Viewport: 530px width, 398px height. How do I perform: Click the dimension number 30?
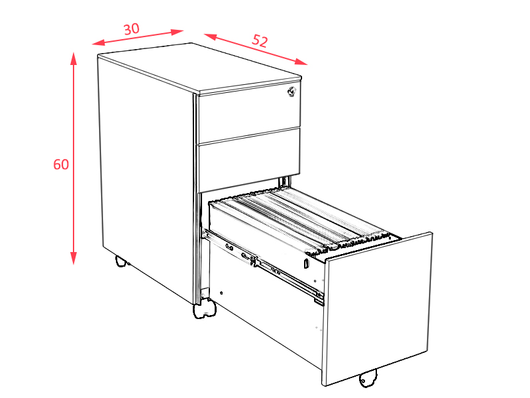(x=131, y=29)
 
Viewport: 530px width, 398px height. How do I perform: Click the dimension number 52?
(x=260, y=40)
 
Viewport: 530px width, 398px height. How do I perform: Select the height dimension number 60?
(x=61, y=164)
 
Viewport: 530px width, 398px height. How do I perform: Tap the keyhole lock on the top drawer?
(x=291, y=92)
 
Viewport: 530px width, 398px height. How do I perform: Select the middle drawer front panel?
(x=250, y=160)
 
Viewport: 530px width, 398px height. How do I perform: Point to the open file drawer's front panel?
(x=378, y=308)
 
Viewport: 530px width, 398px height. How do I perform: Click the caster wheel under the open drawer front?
(x=368, y=377)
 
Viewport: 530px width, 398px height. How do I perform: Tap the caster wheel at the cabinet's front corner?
(x=205, y=308)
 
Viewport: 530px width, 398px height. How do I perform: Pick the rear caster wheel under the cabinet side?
(x=121, y=261)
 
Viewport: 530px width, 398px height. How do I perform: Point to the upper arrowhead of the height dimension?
(x=74, y=58)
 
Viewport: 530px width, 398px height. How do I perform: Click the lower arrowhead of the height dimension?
(x=74, y=258)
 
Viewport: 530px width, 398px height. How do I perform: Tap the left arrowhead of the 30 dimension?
(x=98, y=42)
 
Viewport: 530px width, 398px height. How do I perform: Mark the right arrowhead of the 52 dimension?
(x=301, y=62)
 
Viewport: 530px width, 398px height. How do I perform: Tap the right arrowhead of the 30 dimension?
(x=177, y=32)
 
